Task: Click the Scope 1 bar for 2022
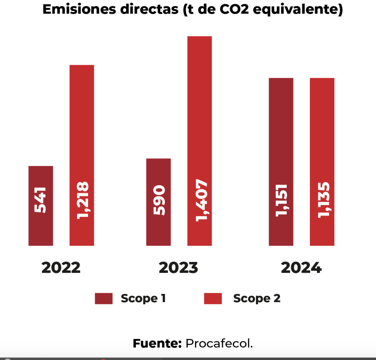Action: coord(40,228)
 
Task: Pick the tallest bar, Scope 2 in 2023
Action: coord(199,110)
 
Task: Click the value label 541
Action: coord(40,200)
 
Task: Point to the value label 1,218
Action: coord(82,200)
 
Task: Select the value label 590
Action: coord(159,200)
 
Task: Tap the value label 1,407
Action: coord(201,200)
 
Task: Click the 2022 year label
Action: coord(61,268)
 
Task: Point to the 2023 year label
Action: coord(178,268)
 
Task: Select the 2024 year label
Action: coord(301,268)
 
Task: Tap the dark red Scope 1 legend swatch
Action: coord(104,298)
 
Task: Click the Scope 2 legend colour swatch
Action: coord(213,298)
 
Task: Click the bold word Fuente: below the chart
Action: coord(158,344)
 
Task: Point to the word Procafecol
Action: coord(219,344)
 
